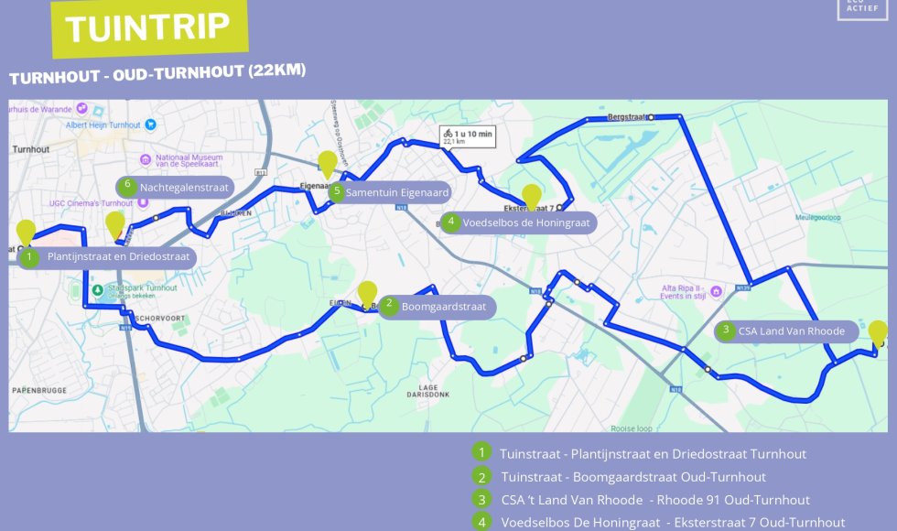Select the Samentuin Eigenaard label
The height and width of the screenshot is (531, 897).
tap(396, 192)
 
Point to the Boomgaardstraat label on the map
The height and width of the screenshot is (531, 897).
tap(443, 307)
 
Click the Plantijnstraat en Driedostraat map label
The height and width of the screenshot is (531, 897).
tap(118, 256)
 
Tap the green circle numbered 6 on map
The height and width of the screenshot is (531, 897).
tap(128, 185)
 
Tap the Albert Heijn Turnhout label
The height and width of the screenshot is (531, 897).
tap(103, 125)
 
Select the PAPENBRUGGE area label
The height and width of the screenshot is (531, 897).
tap(39, 390)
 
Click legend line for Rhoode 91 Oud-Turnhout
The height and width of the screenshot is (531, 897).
tap(654, 500)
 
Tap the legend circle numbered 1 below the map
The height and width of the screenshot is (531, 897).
tap(481, 452)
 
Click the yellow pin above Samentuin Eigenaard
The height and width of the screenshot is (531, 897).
tap(328, 165)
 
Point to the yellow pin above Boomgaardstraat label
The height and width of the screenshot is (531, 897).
tap(367, 294)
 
